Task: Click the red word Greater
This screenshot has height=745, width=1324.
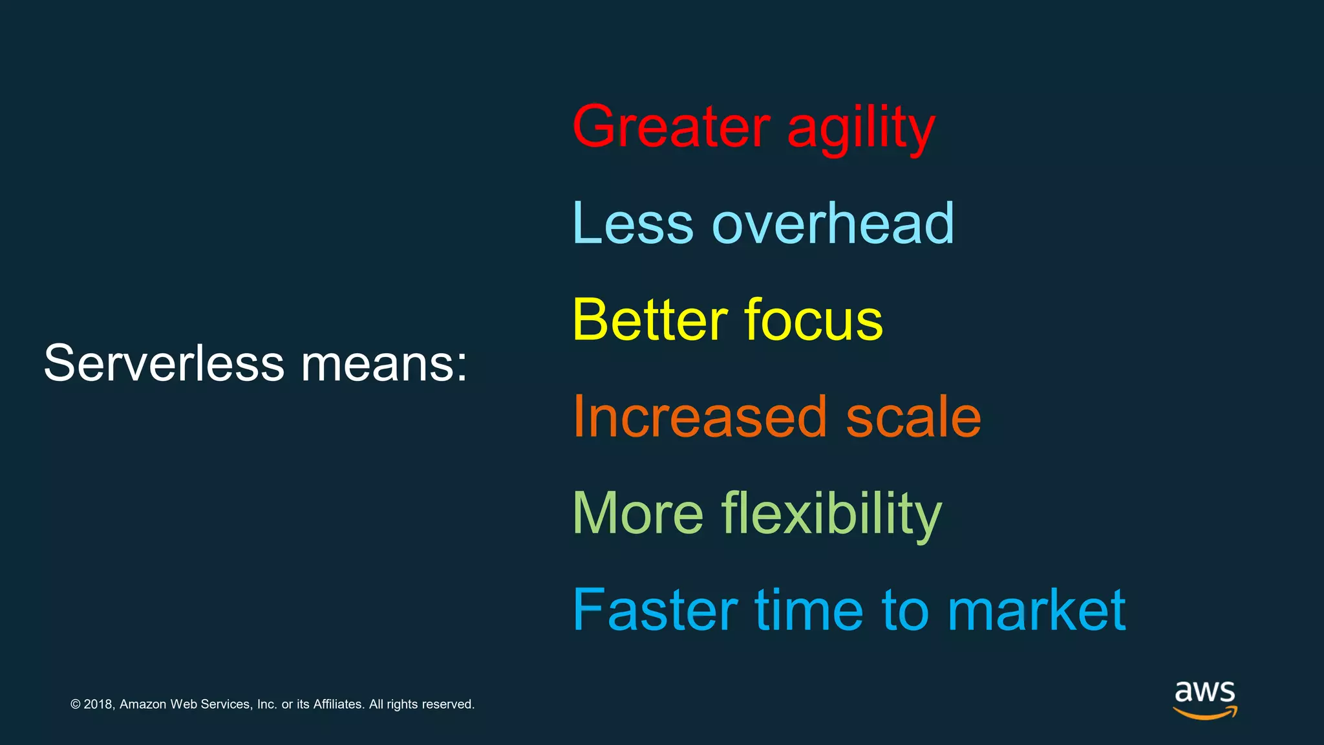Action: (x=671, y=127)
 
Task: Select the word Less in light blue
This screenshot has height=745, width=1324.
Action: (x=633, y=223)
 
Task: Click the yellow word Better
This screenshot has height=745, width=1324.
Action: (x=650, y=319)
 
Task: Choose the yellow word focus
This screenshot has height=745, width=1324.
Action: (x=813, y=319)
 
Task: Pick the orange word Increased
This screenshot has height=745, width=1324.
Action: (x=700, y=417)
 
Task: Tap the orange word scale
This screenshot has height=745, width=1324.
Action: (x=913, y=417)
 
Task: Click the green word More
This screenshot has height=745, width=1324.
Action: (x=638, y=513)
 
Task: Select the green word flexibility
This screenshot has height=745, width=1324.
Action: (x=831, y=515)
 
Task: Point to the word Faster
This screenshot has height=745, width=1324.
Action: (x=655, y=610)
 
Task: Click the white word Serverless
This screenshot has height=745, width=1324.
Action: (x=164, y=363)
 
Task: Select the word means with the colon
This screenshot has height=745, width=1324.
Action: (x=384, y=363)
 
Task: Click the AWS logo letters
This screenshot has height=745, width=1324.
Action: (x=1204, y=692)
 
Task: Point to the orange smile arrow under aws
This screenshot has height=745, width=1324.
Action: (x=1204, y=713)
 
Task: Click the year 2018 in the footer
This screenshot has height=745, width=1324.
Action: (x=99, y=704)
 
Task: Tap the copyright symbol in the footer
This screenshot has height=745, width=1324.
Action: (x=76, y=704)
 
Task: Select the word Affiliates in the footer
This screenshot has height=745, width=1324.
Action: (x=338, y=704)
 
